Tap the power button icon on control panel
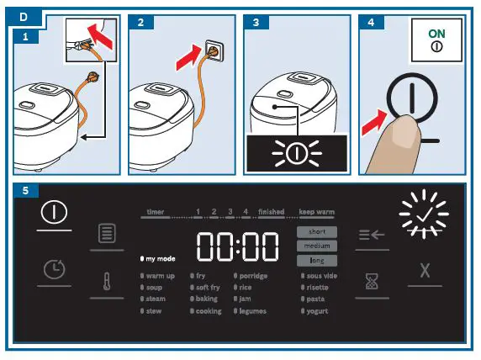[x=55, y=213]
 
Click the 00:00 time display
[x=238, y=246]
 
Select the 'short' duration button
[x=317, y=231]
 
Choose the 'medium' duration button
[x=317, y=246]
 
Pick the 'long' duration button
[x=317, y=261]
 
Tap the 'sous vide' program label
[x=321, y=276]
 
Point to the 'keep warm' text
[x=318, y=213]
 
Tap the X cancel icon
[x=425, y=273]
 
